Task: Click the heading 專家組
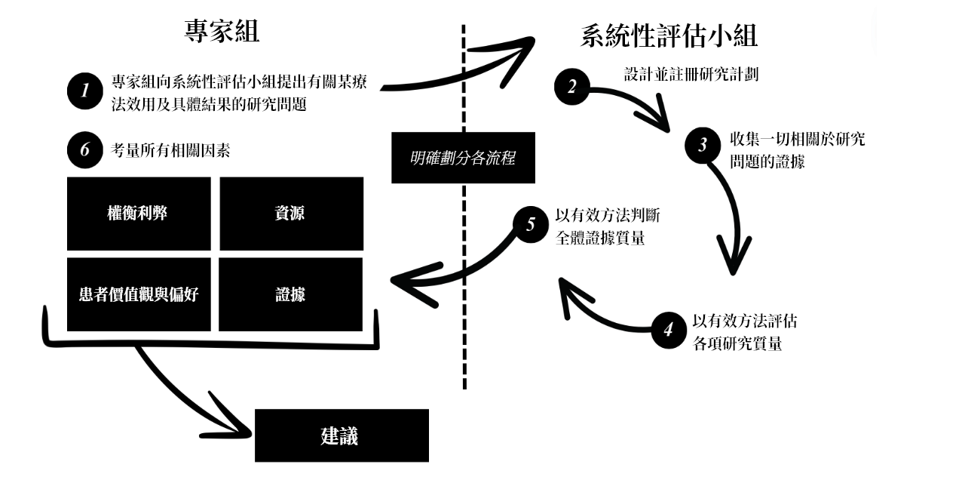[222, 32]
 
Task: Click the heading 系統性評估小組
[669, 36]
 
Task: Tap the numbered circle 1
[84, 91]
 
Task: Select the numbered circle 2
[572, 86]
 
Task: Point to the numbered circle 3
[703, 145]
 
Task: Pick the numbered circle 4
[668, 331]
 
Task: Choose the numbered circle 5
[532, 223]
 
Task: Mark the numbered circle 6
[84, 150]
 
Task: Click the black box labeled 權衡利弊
[138, 214]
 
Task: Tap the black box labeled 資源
[290, 214]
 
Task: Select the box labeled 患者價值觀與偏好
[138, 294]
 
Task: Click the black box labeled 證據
[290, 294]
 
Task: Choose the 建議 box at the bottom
[341, 435]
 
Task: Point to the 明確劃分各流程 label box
[463, 158]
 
